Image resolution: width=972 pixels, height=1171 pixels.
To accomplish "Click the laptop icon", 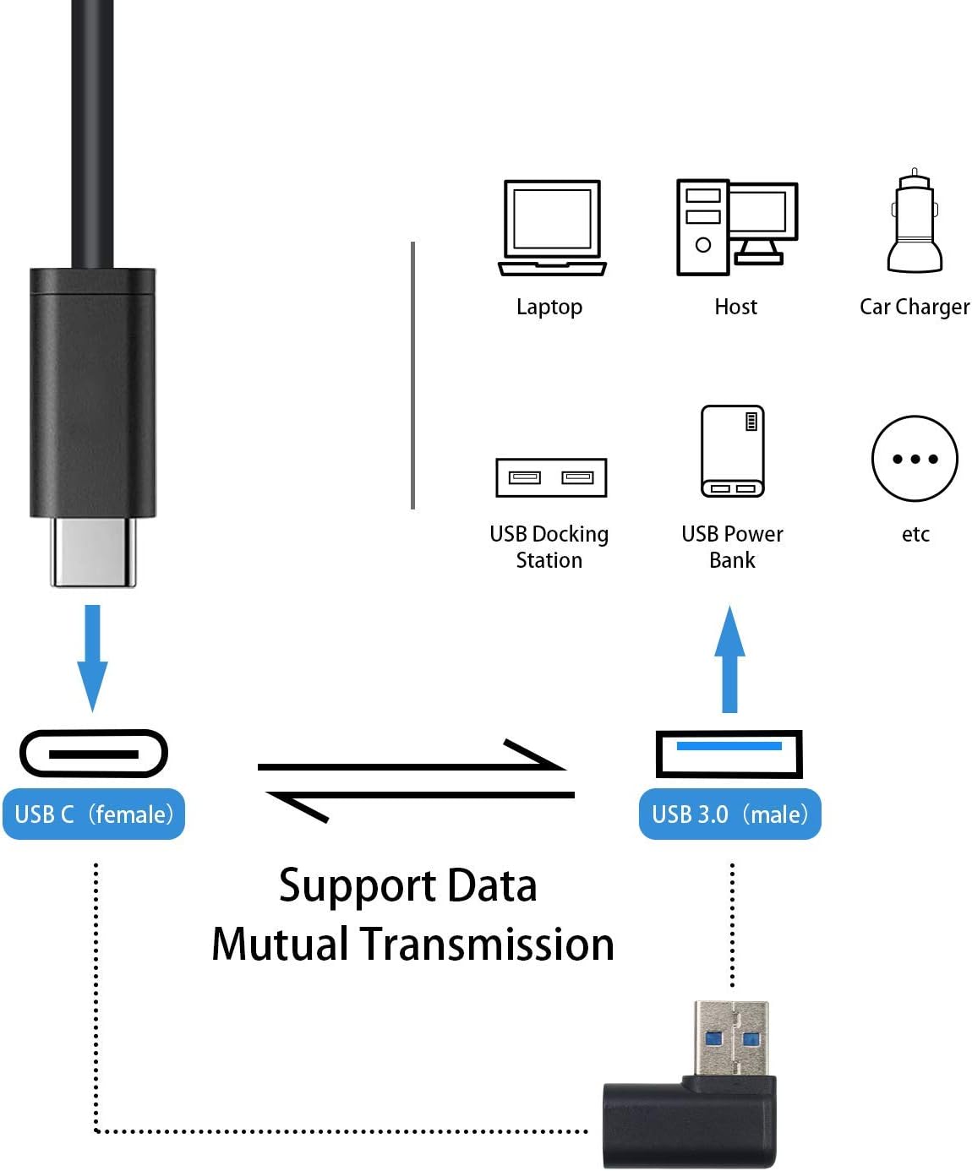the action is click(x=552, y=227).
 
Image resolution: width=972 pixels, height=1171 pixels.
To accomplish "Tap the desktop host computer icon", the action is click(x=737, y=227).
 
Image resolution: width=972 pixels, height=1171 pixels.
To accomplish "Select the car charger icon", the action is click(x=915, y=221).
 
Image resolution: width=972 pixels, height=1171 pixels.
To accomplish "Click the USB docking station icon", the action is click(x=551, y=477).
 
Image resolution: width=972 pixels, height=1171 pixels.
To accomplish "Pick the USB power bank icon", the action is click(x=732, y=451).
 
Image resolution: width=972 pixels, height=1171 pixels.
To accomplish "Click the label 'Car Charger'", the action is click(x=915, y=307).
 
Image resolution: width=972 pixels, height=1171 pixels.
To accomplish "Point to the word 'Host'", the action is click(x=735, y=307).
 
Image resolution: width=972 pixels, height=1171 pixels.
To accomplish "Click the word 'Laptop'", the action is click(x=549, y=308).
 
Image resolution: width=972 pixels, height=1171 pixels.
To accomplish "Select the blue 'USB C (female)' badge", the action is click(x=94, y=814).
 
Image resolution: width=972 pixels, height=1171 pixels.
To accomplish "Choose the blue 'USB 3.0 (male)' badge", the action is click(x=729, y=814).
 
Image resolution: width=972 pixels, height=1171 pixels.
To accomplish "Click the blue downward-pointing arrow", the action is click(x=92, y=658).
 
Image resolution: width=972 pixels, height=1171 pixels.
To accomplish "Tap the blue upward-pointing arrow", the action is click(x=729, y=658).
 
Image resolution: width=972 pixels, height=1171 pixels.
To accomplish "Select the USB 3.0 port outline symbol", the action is click(x=729, y=733).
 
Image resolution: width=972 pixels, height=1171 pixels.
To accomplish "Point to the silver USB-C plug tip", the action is click(x=93, y=552).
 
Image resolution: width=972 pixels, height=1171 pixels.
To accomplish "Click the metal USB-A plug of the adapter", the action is click(x=731, y=1038).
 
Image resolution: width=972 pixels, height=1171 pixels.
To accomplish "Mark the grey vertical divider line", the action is click(x=413, y=375).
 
